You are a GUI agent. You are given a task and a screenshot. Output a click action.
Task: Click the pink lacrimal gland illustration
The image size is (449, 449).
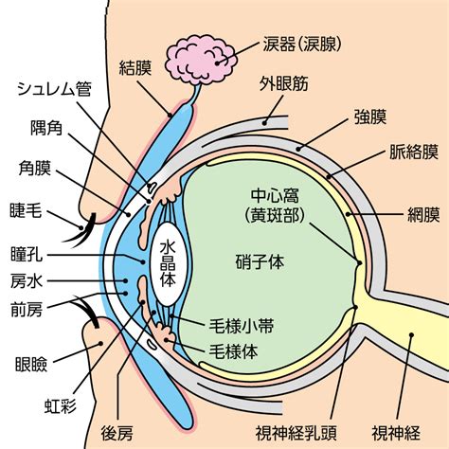click(x=201, y=60)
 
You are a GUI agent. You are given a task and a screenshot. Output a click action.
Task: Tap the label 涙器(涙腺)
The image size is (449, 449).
click(x=302, y=45)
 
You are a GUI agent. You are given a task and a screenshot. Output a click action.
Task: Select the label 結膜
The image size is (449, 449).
click(x=135, y=68)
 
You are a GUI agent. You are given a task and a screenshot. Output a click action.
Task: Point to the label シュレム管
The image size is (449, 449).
click(x=54, y=89)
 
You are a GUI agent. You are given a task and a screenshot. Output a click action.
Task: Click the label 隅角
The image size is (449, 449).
click(x=46, y=128)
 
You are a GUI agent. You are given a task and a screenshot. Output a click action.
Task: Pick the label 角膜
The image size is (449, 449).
click(x=34, y=168)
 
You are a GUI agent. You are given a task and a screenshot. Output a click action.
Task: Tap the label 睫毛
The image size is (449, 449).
click(x=26, y=210)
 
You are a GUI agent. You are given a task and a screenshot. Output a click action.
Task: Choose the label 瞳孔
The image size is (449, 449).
click(x=27, y=254)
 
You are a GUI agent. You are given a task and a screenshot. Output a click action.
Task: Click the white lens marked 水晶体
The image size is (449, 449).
click(x=168, y=264)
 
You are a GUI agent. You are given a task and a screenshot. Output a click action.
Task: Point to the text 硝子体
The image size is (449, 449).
click(x=260, y=261)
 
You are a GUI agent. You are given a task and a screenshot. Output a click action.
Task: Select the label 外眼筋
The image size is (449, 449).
click(x=284, y=83)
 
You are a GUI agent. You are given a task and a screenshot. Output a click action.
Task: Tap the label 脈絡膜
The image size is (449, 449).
click(x=414, y=152)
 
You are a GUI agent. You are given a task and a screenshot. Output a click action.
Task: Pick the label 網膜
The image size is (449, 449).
click(x=423, y=215)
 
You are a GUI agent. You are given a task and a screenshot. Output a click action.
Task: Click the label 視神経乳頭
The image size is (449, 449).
click(x=296, y=433)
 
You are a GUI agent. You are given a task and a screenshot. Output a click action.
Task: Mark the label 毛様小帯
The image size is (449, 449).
click(x=242, y=326)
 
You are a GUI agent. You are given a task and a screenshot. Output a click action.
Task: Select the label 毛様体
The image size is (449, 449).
click(x=233, y=351)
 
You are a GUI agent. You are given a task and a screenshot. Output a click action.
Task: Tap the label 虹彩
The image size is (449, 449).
click(x=61, y=405)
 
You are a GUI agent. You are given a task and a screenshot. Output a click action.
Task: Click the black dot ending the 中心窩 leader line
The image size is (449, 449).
click(x=359, y=262)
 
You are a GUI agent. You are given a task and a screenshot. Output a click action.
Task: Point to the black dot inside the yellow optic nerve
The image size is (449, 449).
click(x=411, y=335)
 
